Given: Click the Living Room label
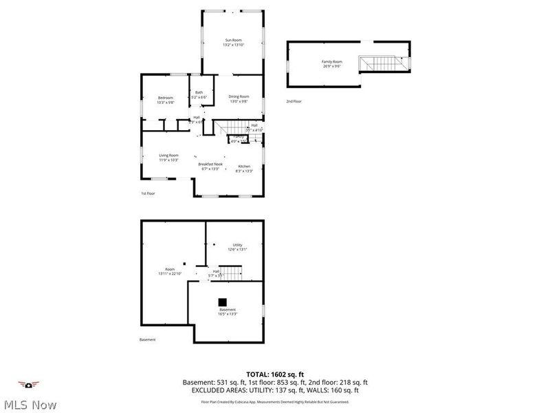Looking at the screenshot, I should [168, 157].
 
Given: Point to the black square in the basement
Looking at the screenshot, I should [222, 301].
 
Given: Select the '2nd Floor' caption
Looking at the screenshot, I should [294, 101].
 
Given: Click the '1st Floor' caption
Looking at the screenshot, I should [148, 193].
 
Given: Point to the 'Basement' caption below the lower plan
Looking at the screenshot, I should [147, 339].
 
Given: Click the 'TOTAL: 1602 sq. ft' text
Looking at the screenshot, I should [275, 374].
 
